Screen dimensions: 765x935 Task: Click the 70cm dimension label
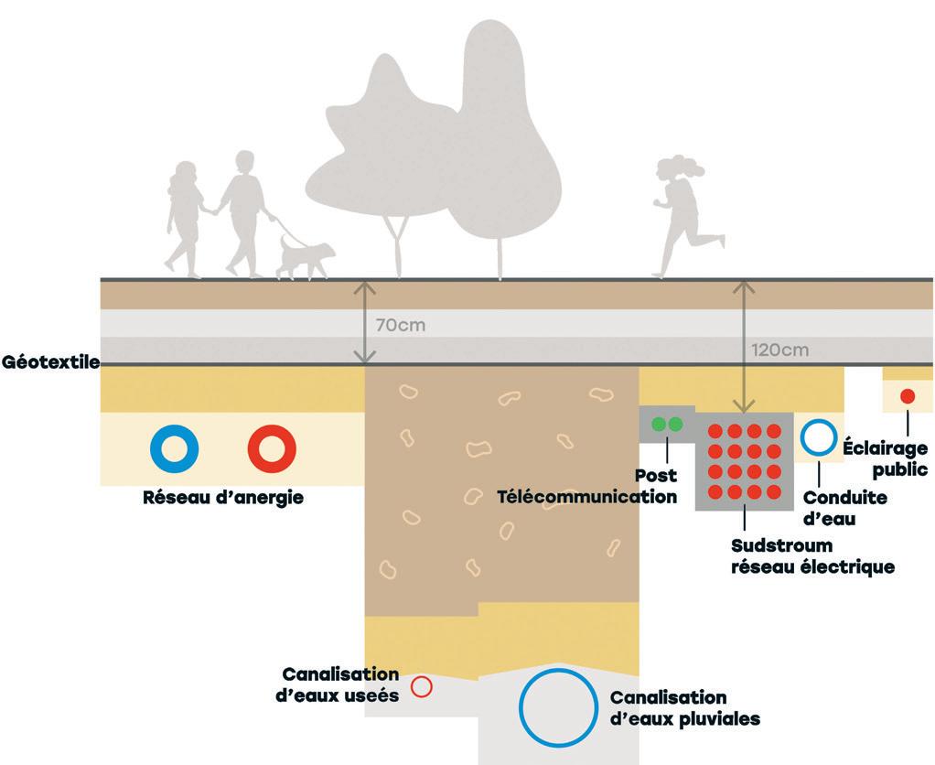point(400,325)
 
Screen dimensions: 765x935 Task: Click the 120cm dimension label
point(779,350)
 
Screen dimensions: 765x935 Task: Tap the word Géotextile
point(50,361)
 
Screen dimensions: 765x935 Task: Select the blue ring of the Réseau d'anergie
point(174,447)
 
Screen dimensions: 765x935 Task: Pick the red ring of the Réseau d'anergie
point(272,447)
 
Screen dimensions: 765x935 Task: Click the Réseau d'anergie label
point(222,499)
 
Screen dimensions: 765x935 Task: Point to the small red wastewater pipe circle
point(421,686)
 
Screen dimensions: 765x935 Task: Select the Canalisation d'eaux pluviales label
point(684,708)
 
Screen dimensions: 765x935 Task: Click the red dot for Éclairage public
point(907,396)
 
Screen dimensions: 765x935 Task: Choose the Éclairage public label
point(884,460)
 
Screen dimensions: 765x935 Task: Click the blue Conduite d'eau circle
point(818,438)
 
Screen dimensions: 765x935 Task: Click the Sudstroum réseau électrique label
point(811,556)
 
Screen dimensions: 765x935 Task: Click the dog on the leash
point(305,255)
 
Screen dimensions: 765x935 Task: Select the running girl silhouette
point(681,215)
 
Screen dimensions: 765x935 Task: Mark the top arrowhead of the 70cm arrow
point(365,286)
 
